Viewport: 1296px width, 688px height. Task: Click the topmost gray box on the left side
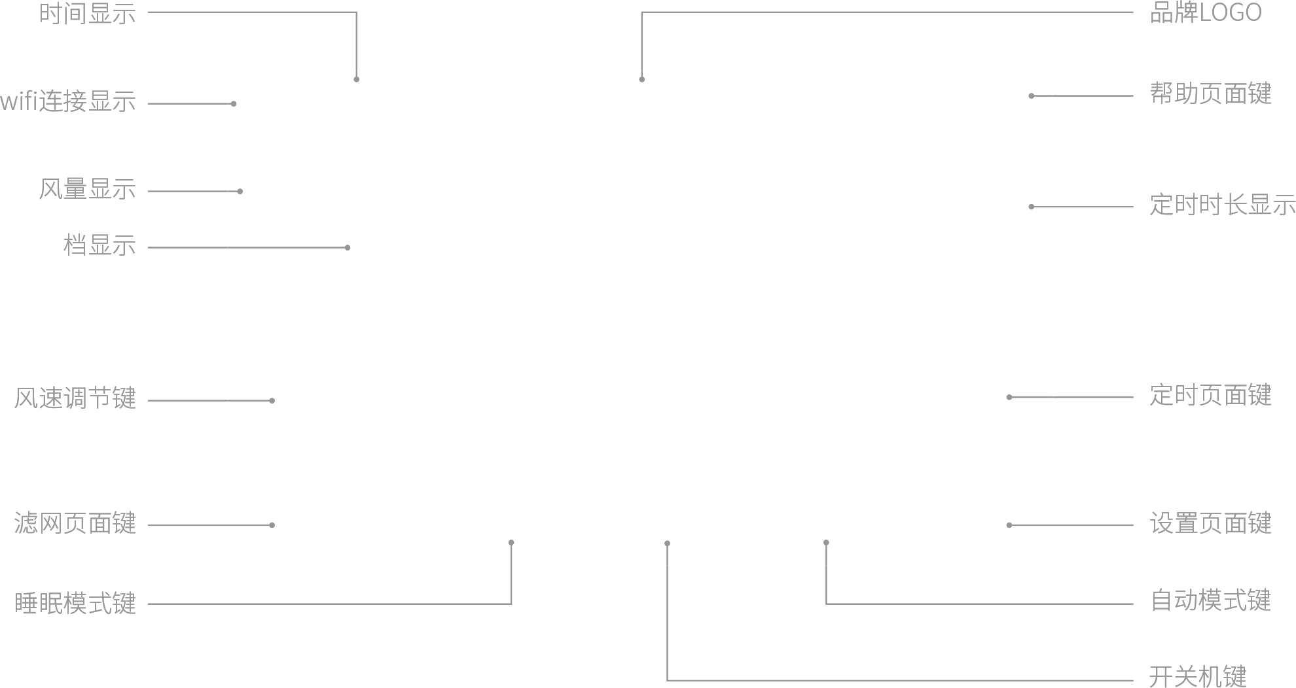[88, 13]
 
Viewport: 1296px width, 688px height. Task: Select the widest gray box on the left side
[67, 100]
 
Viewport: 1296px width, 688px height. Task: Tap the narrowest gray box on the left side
[99, 244]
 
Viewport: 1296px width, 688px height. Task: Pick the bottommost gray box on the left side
[76, 602]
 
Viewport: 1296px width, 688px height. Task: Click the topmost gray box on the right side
[1206, 11]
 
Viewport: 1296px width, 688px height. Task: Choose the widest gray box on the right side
[1223, 203]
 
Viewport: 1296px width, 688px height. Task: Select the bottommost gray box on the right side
[1198, 676]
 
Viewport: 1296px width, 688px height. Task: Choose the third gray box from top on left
[87, 188]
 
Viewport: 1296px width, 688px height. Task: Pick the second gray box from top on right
[1211, 93]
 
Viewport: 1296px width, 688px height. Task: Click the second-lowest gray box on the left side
[75, 523]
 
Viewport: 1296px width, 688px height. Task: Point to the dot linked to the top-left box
[356, 79]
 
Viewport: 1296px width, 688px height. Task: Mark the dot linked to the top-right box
[641, 79]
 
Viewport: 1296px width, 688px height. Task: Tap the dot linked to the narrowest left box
[348, 247]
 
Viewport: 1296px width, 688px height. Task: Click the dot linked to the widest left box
[234, 103]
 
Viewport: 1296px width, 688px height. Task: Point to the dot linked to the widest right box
[1031, 207]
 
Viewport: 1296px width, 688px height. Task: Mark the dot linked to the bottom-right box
[667, 543]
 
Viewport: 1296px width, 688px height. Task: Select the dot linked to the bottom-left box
[511, 542]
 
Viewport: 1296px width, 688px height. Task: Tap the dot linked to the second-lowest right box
[826, 542]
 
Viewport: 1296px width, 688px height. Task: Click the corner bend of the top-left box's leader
[356, 12]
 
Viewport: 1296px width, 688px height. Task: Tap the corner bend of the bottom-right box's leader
[667, 680]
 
